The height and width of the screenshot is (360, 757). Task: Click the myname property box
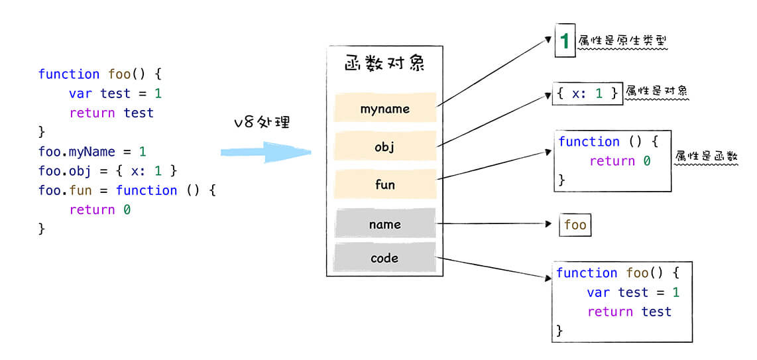click(x=385, y=107)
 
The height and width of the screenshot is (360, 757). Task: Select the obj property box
click(x=385, y=147)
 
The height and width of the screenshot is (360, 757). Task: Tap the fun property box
click(x=385, y=184)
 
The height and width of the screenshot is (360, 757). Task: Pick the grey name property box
click(x=385, y=224)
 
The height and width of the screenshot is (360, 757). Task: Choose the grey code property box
click(x=385, y=257)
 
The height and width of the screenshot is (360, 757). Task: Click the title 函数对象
click(x=384, y=64)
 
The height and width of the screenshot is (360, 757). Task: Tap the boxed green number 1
click(x=565, y=42)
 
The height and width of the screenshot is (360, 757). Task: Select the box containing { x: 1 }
click(x=587, y=93)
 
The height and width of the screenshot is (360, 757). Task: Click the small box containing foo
click(x=575, y=225)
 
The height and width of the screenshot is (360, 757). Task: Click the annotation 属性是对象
click(x=656, y=91)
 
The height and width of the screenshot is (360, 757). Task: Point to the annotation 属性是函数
click(x=706, y=157)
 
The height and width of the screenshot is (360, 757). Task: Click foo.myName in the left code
click(x=77, y=152)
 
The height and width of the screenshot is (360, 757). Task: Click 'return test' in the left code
click(x=111, y=113)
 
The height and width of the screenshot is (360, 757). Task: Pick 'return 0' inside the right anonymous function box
click(x=620, y=161)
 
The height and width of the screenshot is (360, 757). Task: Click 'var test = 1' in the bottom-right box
click(x=633, y=292)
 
